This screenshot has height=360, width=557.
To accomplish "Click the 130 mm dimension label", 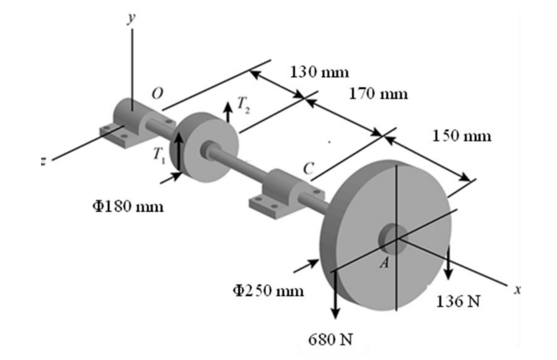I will (x=320, y=72).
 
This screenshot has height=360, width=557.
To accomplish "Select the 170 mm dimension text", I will (x=378, y=94).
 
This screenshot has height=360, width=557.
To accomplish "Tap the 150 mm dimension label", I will (x=462, y=136).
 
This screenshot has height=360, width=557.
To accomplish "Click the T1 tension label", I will (x=158, y=155).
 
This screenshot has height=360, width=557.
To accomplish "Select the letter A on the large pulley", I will (x=385, y=262).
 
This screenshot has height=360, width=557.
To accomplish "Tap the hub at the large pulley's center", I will (x=394, y=239).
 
